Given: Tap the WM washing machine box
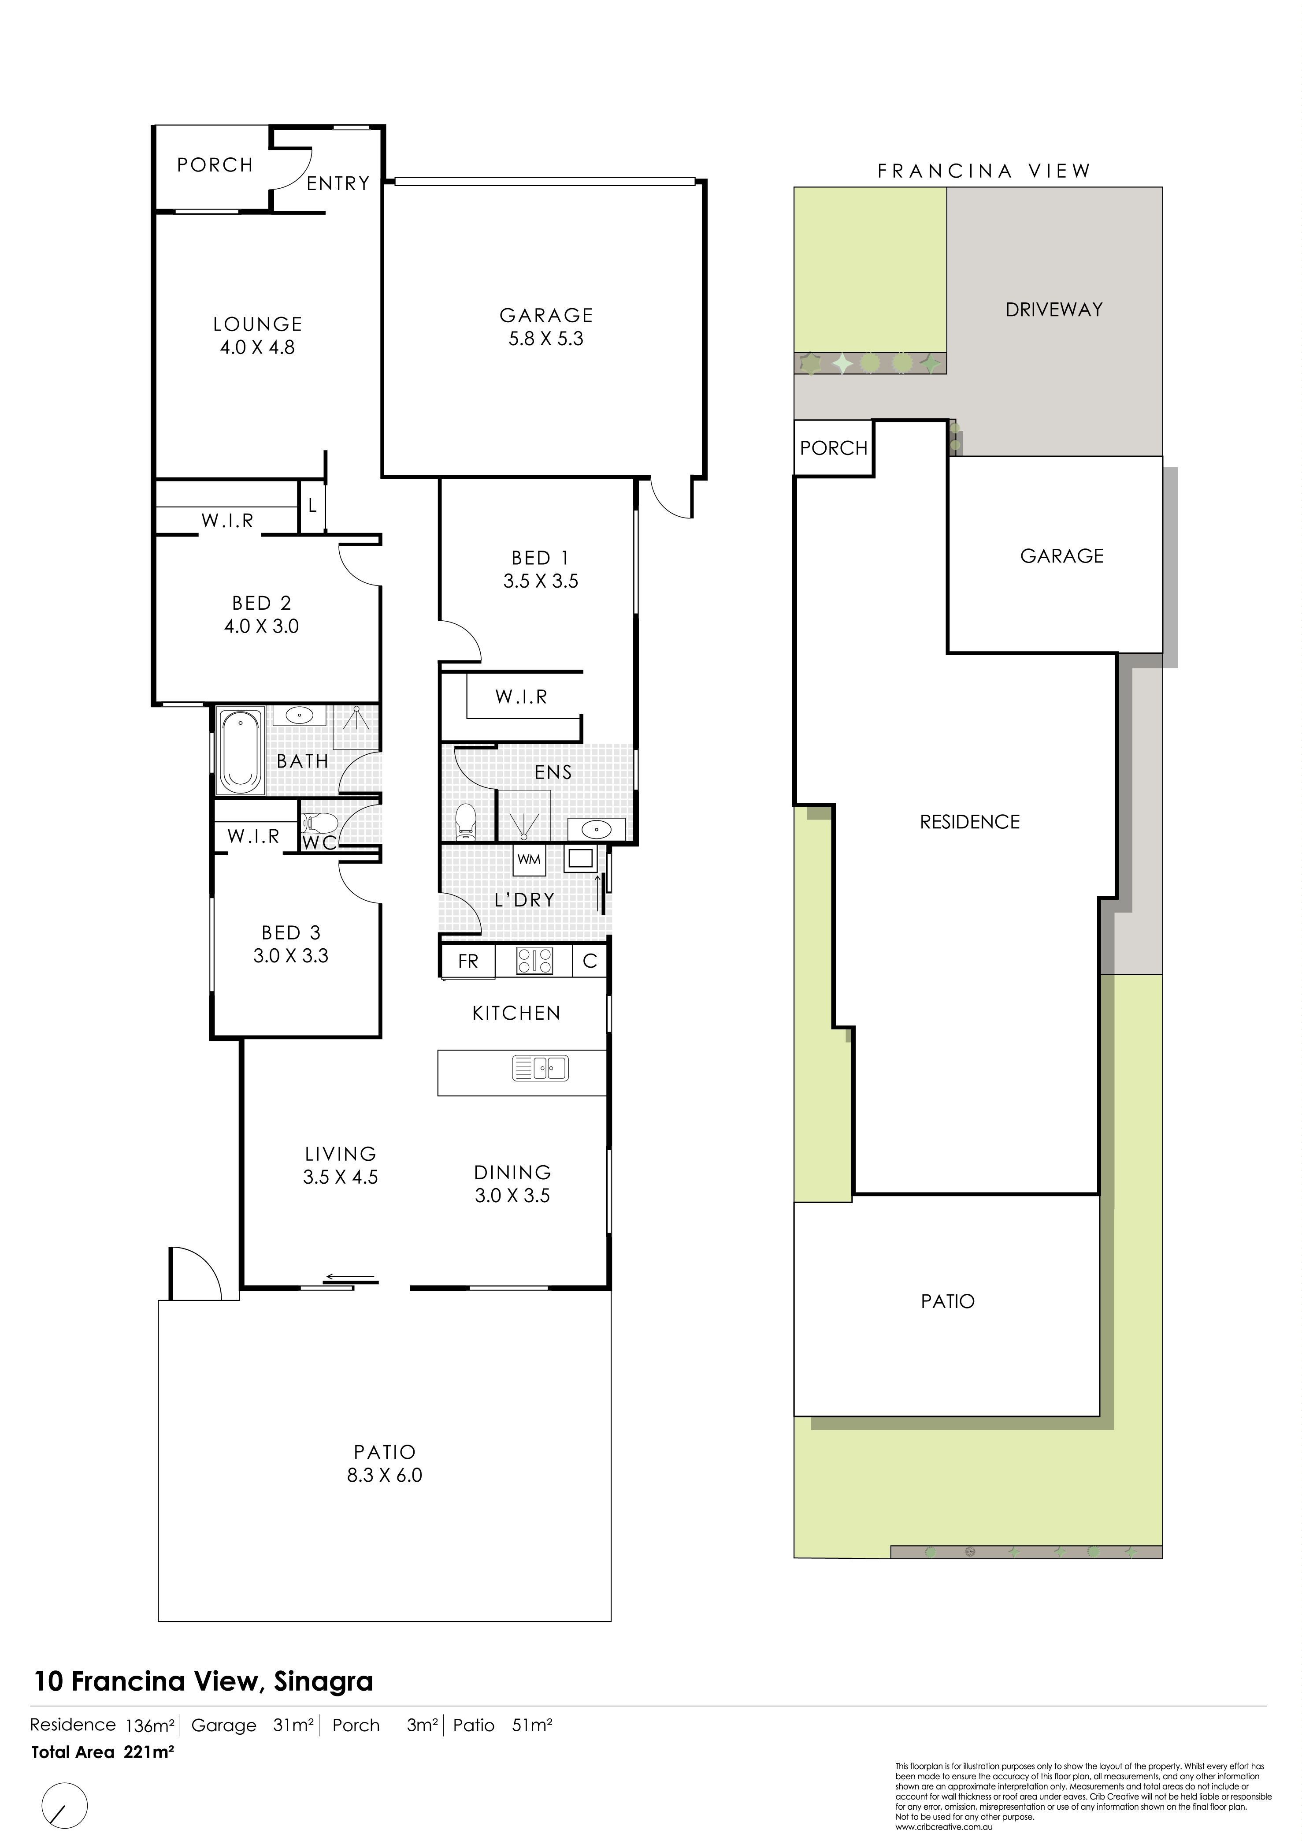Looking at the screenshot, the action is [529, 859].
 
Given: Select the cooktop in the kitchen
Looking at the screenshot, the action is [534, 961].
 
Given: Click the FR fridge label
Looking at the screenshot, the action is [468, 961].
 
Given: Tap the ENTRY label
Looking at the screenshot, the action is [338, 184].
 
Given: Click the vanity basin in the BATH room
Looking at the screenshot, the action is [299, 714].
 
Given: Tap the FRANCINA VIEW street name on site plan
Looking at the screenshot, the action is [984, 171].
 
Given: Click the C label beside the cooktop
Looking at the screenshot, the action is [590, 961].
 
